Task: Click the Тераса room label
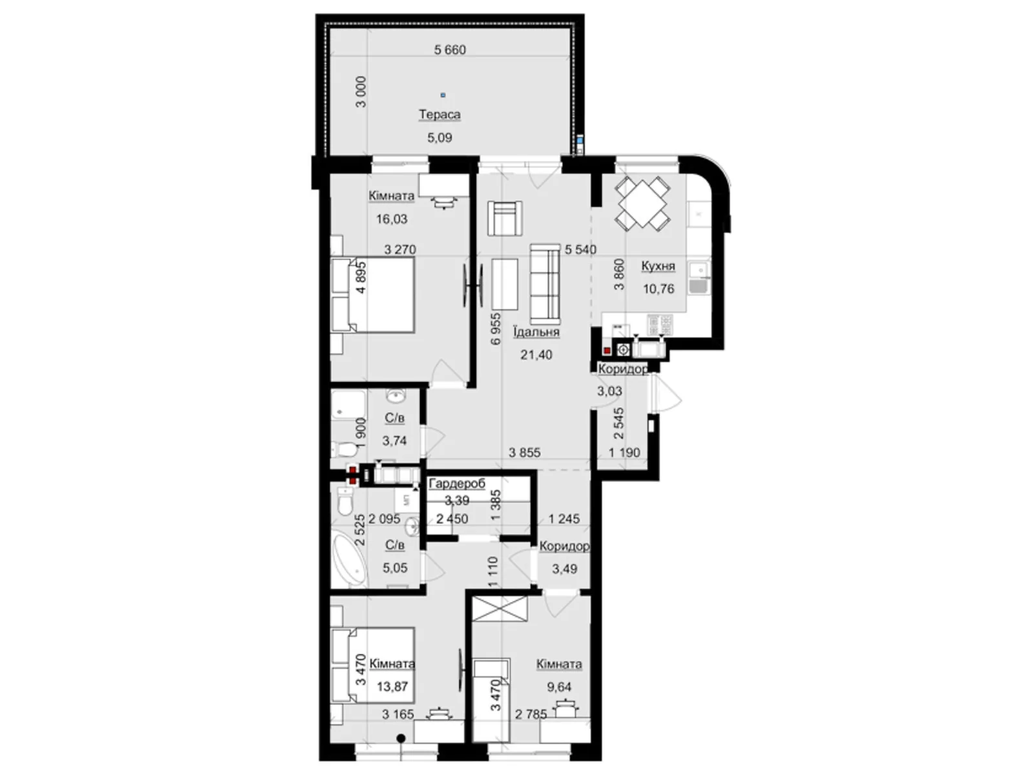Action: (439, 114)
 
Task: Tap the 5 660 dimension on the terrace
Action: (450, 50)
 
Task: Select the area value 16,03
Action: (392, 219)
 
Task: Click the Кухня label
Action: (658, 266)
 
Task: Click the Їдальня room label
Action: (536, 332)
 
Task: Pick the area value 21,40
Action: (536, 355)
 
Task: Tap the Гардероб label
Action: (457, 484)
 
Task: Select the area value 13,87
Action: (392, 687)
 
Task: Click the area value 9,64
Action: (559, 687)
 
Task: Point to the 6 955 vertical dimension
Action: (496, 329)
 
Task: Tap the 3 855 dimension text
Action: (524, 453)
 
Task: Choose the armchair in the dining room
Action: (505, 218)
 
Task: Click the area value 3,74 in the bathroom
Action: (394, 441)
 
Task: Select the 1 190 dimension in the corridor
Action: (624, 453)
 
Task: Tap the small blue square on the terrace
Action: (443, 95)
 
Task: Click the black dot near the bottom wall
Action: (401, 738)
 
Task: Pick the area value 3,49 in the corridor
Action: (564, 569)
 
